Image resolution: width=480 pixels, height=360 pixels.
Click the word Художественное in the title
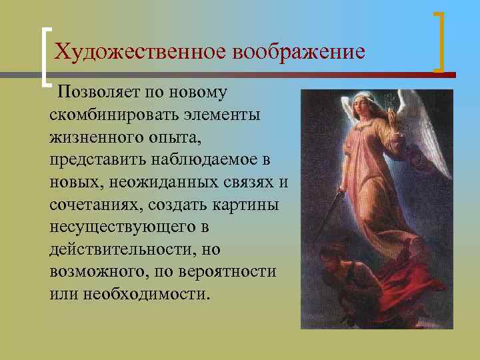click(139, 52)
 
